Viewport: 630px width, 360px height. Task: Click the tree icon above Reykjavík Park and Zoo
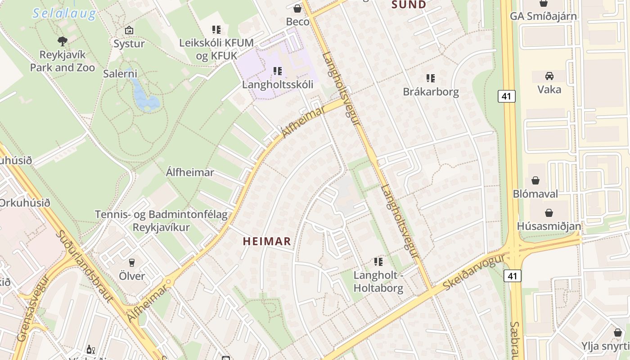pyautogui.click(x=63, y=41)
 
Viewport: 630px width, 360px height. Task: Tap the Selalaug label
pyautogui.click(x=65, y=13)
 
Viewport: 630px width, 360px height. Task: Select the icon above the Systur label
pyautogui.click(x=129, y=30)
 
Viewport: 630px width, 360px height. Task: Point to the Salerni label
pyautogui.click(x=120, y=74)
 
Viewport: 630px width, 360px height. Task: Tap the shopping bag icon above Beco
pyautogui.click(x=297, y=8)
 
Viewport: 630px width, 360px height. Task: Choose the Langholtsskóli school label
pyautogui.click(x=277, y=85)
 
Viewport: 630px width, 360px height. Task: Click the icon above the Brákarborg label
pyautogui.click(x=431, y=78)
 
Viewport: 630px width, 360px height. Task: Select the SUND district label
pyautogui.click(x=409, y=5)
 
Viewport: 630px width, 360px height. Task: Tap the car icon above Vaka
pyautogui.click(x=549, y=76)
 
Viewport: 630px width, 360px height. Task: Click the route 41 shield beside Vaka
pyautogui.click(x=506, y=96)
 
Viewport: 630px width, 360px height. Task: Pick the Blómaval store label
pyautogui.click(x=535, y=194)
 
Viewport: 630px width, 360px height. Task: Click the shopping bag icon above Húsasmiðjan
pyautogui.click(x=549, y=212)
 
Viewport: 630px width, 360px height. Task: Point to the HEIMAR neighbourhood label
pyautogui.click(x=267, y=242)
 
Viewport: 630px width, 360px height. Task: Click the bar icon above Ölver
pyautogui.click(x=132, y=262)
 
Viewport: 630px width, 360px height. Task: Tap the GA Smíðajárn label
pyautogui.click(x=543, y=16)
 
